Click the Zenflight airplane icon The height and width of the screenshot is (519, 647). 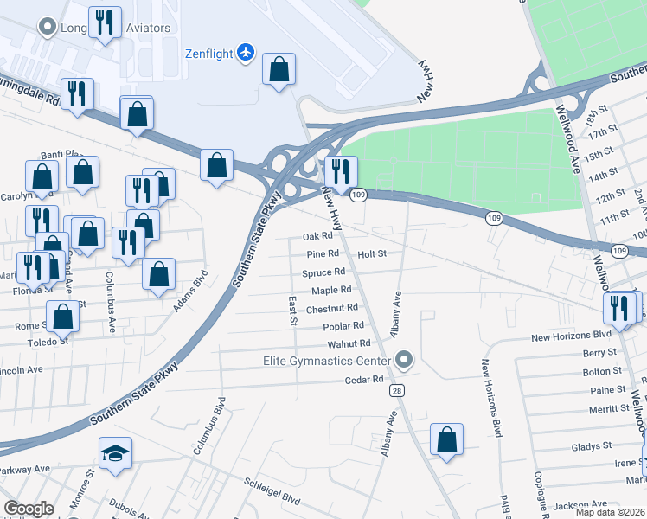click(x=247, y=54)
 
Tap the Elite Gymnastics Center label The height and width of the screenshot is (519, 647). click(x=327, y=360)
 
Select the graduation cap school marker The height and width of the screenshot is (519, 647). click(x=114, y=454)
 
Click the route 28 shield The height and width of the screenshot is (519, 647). click(x=396, y=392)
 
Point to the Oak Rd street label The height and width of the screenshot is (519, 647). click(x=317, y=236)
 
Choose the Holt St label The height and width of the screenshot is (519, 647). click(x=371, y=254)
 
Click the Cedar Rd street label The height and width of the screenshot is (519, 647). click(x=363, y=380)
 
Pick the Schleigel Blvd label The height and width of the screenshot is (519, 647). click(x=272, y=499)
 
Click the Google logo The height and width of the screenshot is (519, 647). click(x=29, y=509)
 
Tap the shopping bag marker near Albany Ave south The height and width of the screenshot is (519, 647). click(x=446, y=439)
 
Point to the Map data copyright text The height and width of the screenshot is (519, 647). click(x=609, y=512)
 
